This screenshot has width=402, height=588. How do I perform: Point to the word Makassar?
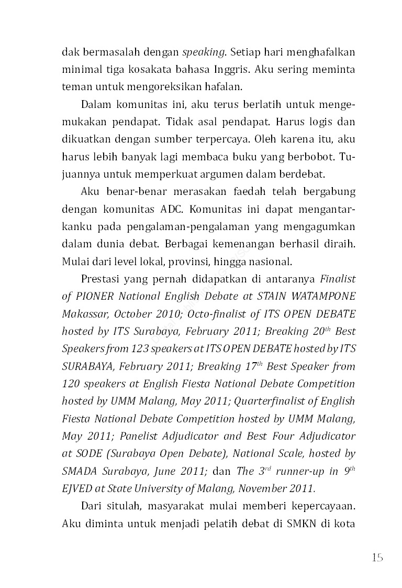click(85, 313)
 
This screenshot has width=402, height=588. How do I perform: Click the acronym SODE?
click(85, 453)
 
